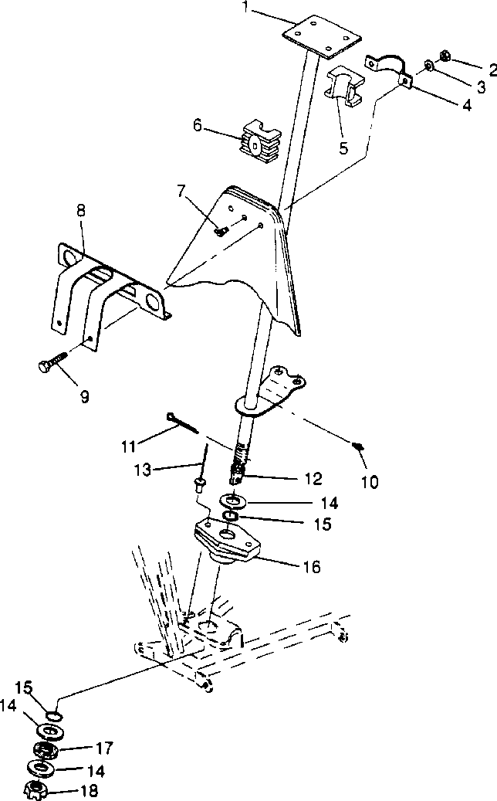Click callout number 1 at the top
245,8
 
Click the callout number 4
466,106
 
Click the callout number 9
84,397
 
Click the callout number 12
313,478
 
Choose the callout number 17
104,748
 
